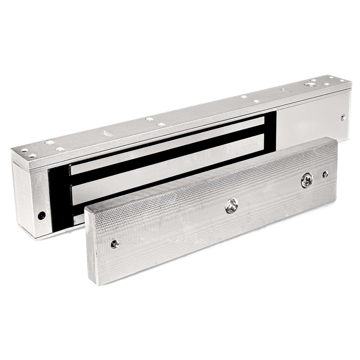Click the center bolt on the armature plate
[231, 206]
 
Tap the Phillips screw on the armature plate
[306, 181]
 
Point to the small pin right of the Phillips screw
[325, 174]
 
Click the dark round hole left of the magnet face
[42, 215]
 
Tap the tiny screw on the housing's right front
[343, 117]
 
